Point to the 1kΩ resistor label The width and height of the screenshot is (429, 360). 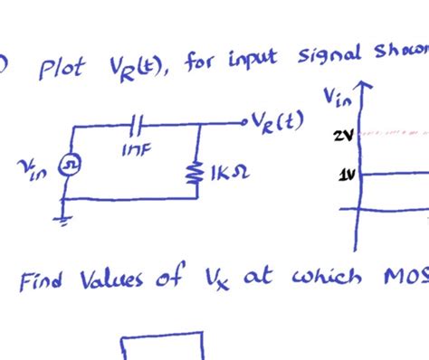click(225, 170)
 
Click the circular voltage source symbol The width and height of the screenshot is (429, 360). click(68, 166)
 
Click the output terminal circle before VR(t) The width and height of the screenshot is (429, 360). click(243, 121)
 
